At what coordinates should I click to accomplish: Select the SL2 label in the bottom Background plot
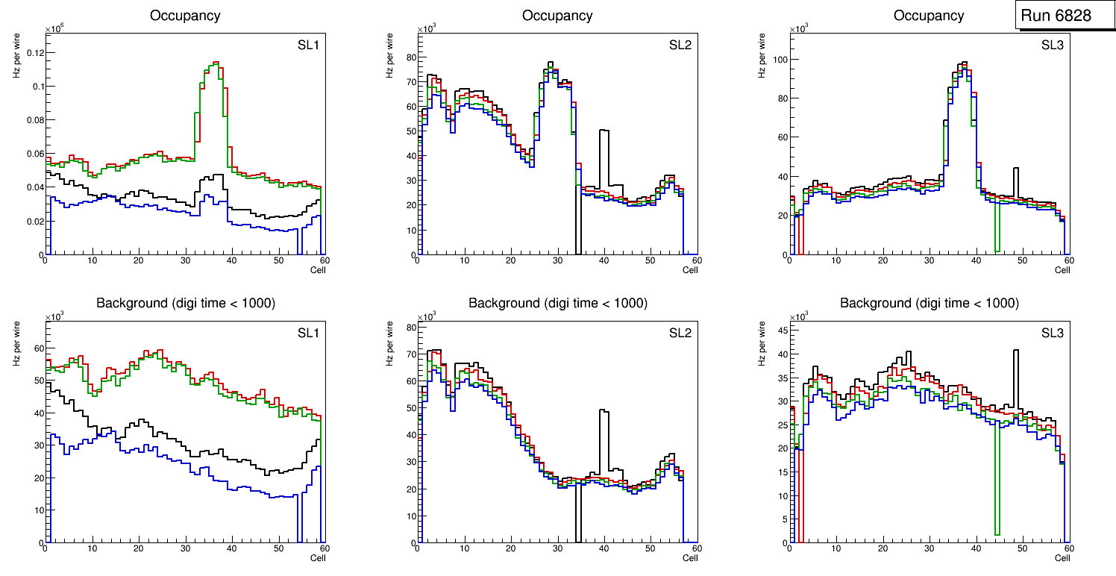(x=680, y=334)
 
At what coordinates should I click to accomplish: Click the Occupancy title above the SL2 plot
(x=557, y=16)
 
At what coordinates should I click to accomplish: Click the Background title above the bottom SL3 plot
(x=930, y=303)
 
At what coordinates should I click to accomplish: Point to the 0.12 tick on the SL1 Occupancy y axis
(x=33, y=53)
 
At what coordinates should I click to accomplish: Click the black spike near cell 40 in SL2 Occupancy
(x=604, y=131)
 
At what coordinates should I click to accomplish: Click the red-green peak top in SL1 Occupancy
(x=215, y=63)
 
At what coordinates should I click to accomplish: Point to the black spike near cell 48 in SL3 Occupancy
(x=1015, y=169)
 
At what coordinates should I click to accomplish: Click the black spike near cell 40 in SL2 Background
(x=604, y=411)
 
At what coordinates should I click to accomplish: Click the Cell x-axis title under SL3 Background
(x=1062, y=557)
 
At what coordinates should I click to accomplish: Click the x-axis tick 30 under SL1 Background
(x=185, y=549)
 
